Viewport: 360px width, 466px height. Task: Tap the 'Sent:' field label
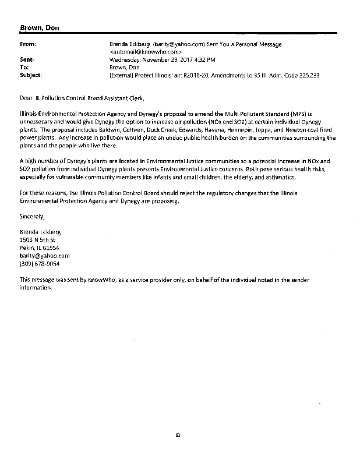tap(27, 59)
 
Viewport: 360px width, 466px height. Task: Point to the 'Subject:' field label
tap(31, 75)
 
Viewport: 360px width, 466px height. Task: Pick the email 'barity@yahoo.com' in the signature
tap(44, 255)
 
